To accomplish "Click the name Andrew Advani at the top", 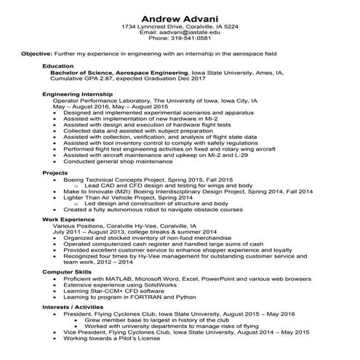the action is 180,16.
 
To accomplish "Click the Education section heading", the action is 58,66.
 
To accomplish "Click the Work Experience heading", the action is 67,218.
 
